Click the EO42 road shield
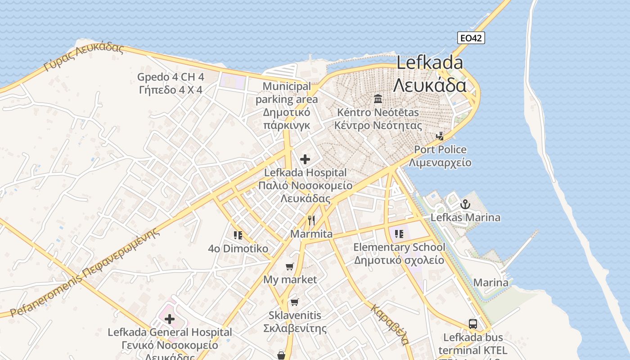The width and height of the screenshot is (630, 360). [x=471, y=38]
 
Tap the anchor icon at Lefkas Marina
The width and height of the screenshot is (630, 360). [x=465, y=204]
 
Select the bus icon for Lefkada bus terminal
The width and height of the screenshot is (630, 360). [x=473, y=324]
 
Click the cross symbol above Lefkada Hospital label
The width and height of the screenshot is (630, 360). [x=305, y=159]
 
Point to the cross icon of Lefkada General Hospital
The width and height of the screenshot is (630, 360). [x=170, y=319]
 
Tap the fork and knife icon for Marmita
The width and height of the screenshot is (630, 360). [x=311, y=220]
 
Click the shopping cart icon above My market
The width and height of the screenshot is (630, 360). [x=290, y=266]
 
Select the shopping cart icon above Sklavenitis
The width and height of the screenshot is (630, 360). [x=294, y=301]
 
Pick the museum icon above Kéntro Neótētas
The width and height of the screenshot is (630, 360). [x=378, y=99]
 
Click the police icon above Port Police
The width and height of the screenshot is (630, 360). [x=440, y=135]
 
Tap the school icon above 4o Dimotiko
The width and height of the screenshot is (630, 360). [x=238, y=235]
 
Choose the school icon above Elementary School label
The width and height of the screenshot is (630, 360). [x=399, y=234]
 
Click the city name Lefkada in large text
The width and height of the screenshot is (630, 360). [x=429, y=63]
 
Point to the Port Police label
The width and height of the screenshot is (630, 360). [x=440, y=149]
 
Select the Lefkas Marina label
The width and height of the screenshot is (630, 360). [x=465, y=218]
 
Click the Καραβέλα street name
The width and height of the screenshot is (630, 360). [x=390, y=324]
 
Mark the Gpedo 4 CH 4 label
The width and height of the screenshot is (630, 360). [x=171, y=77]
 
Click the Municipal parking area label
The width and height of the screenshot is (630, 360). [x=287, y=93]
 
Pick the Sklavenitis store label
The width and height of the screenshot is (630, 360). [x=294, y=315]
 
